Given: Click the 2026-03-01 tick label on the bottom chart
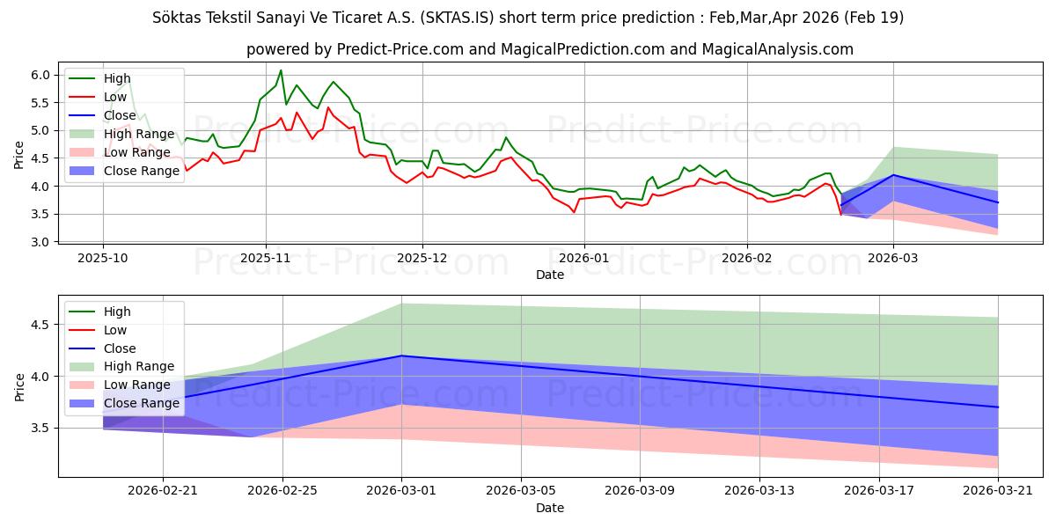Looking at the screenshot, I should tap(401, 491).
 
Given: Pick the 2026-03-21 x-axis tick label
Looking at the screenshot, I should tap(998, 491).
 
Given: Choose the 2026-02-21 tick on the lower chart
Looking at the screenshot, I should tap(163, 491).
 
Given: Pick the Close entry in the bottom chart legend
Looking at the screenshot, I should tap(120, 348).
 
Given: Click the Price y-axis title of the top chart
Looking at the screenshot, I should tap(19, 154).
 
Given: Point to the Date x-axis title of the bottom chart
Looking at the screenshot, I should tap(550, 508).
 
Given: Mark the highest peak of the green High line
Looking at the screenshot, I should tap(281, 70).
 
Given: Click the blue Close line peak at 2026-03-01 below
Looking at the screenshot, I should tap(401, 356).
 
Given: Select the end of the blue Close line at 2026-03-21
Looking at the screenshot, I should tap(998, 407).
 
